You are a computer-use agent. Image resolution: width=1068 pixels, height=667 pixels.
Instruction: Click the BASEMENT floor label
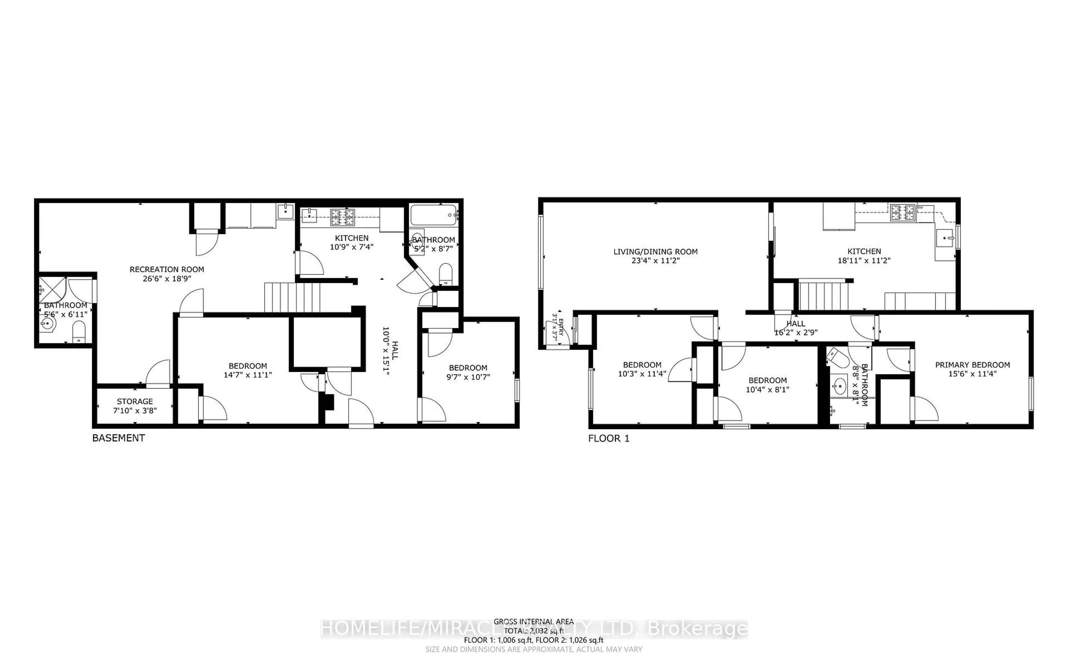tap(118, 438)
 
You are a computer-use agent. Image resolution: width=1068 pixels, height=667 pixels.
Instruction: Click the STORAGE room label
tap(135, 401)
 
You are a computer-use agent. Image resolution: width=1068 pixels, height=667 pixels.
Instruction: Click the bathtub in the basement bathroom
tap(434, 215)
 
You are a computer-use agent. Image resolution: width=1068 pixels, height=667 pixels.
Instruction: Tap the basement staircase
tap(292, 297)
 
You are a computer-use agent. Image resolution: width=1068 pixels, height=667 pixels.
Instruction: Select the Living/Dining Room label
tap(655, 252)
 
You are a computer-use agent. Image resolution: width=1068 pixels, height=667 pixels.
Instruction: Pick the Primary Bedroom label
tap(972, 365)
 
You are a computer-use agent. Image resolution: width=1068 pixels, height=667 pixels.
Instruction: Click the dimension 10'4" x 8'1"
tap(767, 390)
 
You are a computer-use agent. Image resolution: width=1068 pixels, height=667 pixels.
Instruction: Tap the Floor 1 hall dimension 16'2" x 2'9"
tap(796, 333)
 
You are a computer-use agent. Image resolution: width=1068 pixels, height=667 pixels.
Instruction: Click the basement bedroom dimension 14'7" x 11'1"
tap(248, 375)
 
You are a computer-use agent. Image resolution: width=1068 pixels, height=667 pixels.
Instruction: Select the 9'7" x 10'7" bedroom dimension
tap(468, 377)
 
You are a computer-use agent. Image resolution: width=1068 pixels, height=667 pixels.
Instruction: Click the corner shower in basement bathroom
tap(52, 290)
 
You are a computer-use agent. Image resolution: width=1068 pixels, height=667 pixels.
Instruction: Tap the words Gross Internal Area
tap(533, 622)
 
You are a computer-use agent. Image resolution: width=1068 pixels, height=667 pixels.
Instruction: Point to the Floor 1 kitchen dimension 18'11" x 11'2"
tap(864, 261)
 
